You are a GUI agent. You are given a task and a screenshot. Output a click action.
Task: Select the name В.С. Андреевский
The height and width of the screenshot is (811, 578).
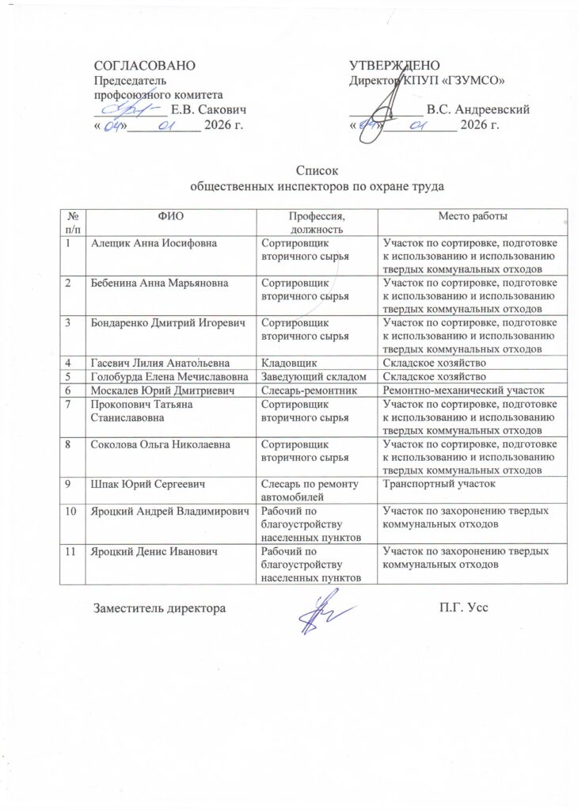pos(477,109)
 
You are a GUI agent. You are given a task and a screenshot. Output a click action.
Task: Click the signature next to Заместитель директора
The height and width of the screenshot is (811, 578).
pos(320,612)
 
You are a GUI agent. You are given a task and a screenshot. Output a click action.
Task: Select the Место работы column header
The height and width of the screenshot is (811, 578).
pos(473,216)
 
